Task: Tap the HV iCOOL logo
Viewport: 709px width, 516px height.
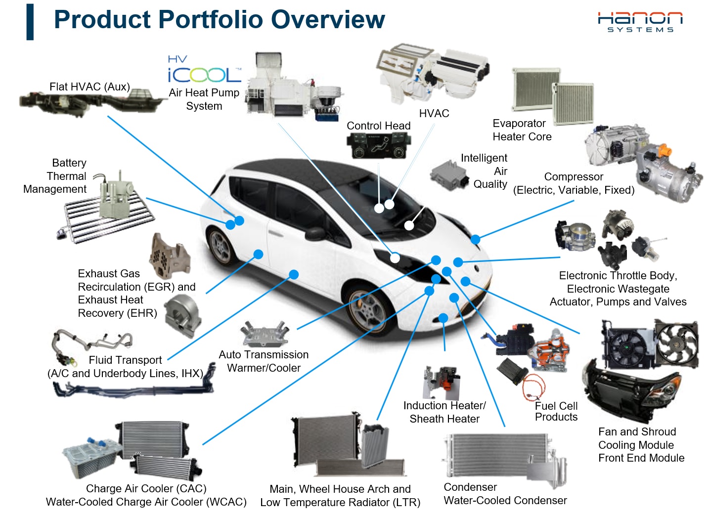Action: (204, 70)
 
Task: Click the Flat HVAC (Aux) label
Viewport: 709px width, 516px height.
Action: (89, 87)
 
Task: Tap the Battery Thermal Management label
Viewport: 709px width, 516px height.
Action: (55, 176)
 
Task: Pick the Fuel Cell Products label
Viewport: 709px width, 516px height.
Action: (556, 411)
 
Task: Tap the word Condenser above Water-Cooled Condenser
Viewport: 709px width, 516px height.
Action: (470, 487)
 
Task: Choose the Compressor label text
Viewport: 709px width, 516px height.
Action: (574, 177)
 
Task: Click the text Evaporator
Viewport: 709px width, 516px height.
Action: (519, 124)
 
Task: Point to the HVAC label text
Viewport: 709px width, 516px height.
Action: (434, 113)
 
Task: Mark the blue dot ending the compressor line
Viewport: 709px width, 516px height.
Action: (475, 240)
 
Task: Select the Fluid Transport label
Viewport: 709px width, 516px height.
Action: (125, 360)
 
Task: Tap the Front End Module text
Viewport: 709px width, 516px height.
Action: (641, 458)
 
